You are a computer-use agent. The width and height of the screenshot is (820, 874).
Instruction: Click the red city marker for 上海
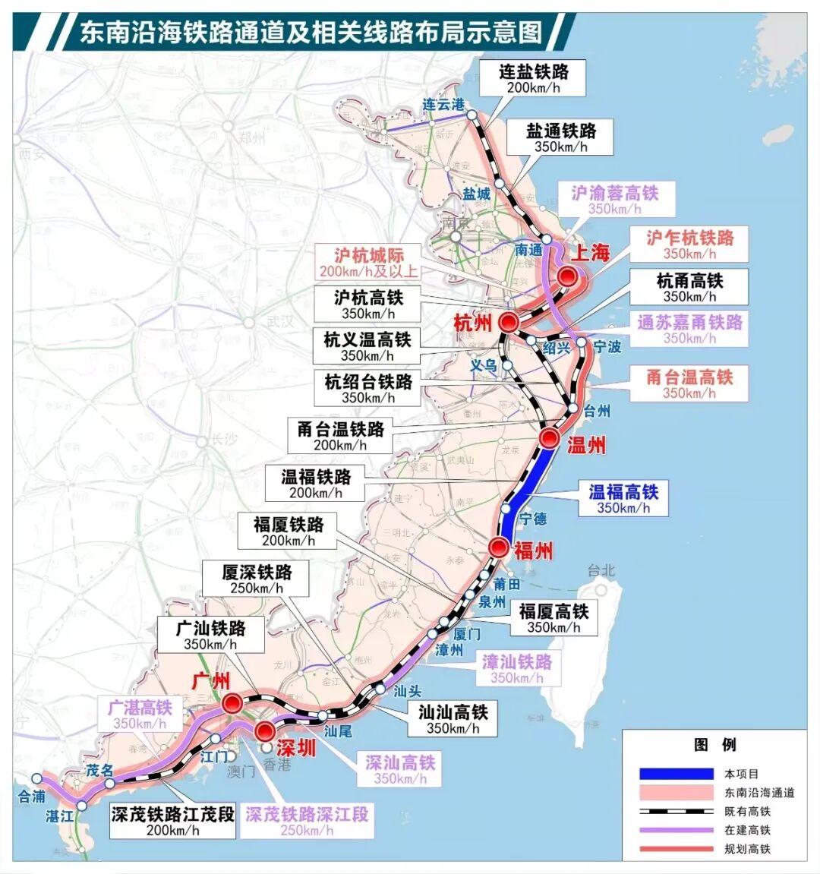(x=566, y=276)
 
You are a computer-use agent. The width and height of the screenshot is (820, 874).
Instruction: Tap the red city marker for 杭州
(x=508, y=321)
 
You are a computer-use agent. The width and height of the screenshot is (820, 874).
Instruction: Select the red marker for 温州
(x=550, y=438)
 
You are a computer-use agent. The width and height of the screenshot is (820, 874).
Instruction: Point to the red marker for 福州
(x=499, y=547)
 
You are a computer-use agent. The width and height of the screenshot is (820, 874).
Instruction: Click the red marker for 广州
(x=232, y=702)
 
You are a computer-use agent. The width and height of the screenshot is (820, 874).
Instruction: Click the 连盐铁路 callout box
(x=534, y=78)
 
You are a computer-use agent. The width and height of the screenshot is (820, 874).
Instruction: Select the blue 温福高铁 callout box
(x=623, y=499)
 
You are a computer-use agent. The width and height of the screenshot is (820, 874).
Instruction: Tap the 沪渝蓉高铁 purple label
(x=614, y=200)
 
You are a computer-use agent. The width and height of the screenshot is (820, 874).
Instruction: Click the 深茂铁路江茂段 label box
(x=173, y=822)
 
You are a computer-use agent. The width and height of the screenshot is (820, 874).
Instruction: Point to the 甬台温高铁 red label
(x=689, y=383)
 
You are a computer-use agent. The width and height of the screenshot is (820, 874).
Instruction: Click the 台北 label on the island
(x=601, y=570)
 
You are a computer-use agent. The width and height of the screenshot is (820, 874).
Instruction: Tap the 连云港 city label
(x=443, y=105)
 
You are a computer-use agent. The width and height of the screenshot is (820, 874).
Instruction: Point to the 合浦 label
(x=32, y=797)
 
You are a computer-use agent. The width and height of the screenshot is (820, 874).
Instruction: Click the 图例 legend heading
(x=714, y=745)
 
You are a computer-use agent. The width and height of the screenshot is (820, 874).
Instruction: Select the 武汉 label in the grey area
(x=279, y=321)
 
